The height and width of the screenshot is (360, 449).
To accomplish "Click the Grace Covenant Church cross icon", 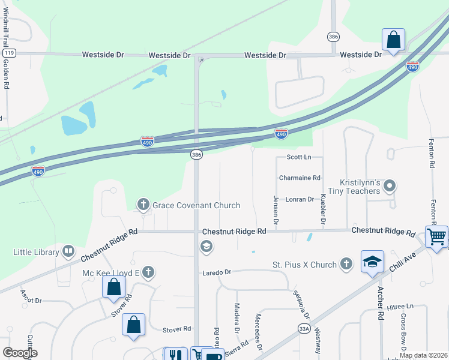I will [x=143, y=205].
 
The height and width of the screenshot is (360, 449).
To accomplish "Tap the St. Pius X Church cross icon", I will [x=346, y=263].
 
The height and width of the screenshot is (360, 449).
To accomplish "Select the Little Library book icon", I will [x=68, y=251].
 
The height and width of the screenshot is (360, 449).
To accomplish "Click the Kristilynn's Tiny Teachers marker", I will [x=390, y=185].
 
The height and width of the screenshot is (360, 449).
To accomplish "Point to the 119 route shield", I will [x=8, y=53].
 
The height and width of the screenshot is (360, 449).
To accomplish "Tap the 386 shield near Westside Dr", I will [x=333, y=37].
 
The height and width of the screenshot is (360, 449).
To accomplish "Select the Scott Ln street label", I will [x=299, y=157].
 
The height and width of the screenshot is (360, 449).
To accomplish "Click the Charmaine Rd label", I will [x=300, y=178].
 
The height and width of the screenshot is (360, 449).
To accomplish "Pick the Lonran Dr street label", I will [x=300, y=199].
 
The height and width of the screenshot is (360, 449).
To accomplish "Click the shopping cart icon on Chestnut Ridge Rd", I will [x=436, y=236].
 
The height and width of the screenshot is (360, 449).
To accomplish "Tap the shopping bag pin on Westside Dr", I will [x=393, y=40].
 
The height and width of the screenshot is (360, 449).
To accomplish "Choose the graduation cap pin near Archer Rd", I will [x=372, y=262].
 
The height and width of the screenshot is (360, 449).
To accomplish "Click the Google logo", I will [x=20, y=353].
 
